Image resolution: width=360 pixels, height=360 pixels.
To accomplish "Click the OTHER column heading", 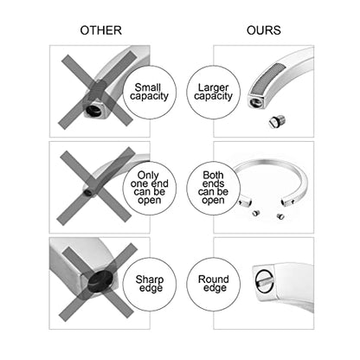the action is (101, 30).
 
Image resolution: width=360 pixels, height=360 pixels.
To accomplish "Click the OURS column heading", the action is (264, 30).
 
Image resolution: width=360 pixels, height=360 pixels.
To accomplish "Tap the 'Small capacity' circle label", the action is (150, 92).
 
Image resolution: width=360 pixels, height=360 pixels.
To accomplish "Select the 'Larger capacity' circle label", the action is (213, 92).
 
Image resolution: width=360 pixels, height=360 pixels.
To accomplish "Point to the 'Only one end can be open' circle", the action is (150, 188).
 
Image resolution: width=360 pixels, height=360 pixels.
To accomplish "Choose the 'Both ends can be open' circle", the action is (213, 188).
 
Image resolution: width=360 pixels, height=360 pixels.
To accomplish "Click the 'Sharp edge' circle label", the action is (150, 284).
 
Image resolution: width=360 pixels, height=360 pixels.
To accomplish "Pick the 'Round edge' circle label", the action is (213, 284).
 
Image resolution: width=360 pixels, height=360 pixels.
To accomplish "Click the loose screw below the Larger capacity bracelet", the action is (277, 120).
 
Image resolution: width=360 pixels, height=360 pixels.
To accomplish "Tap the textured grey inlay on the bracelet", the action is (267, 78).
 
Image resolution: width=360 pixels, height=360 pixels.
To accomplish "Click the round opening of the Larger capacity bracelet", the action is (255, 102).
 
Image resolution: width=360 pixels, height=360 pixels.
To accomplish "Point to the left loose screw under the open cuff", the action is (255, 213).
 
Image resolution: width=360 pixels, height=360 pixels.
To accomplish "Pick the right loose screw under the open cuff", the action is (280, 216).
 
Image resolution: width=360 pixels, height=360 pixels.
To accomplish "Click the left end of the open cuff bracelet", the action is (245, 202).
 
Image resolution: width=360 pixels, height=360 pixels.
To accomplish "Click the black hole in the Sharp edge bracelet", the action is (100, 281).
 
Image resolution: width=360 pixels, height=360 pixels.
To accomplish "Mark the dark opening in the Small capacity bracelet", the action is (94, 110).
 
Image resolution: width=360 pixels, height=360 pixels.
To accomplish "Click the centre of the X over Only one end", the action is (95, 186).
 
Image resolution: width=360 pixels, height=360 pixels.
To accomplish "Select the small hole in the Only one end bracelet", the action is (87, 193).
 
